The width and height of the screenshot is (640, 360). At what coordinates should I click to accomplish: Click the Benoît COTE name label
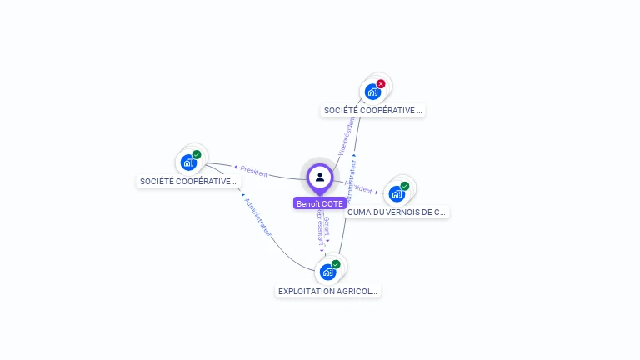[x=320, y=203]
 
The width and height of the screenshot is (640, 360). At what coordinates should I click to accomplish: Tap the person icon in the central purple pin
[x=320, y=177]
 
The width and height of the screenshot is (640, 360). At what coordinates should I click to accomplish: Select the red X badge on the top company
[x=381, y=83]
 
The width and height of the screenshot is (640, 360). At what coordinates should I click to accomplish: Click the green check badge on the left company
[x=197, y=154]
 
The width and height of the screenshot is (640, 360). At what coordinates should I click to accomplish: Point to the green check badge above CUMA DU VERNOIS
[x=405, y=186]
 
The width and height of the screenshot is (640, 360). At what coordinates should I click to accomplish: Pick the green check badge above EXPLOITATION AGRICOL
[x=336, y=264]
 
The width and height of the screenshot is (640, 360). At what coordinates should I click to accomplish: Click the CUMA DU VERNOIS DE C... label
[x=397, y=212]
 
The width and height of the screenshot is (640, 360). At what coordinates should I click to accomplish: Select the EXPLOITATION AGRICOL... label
[x=328, y=292]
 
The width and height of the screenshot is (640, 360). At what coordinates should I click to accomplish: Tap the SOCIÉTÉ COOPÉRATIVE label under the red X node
[x=373, y=110]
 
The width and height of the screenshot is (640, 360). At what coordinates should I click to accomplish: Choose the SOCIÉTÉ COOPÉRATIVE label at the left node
[x=189, y=181]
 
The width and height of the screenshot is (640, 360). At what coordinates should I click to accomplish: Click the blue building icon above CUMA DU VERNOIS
[x=397, y=193]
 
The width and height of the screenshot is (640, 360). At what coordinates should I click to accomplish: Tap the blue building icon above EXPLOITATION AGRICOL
[x=328, y=272]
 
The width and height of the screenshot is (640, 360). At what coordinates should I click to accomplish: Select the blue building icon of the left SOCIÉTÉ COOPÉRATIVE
[x=188, y=162]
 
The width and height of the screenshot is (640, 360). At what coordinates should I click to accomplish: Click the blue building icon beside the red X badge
[x=372, y=91]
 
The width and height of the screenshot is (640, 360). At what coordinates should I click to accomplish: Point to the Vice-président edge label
[x=347, y=136]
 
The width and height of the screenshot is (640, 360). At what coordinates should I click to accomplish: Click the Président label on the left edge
[x=253, y=172]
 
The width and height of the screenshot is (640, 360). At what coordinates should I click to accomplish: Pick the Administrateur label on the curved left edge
[x=257, y=217]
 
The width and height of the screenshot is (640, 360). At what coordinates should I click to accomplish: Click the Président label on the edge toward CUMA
[x=359, y=188]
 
